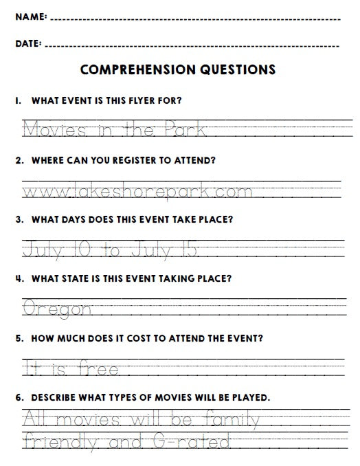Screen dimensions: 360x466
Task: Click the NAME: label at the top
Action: point(31,16)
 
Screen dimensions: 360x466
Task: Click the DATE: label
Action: point(28,43)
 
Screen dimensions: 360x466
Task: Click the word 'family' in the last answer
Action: point(226,419)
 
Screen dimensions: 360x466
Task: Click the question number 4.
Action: point(17,279)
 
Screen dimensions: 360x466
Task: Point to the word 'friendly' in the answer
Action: point(60,441)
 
